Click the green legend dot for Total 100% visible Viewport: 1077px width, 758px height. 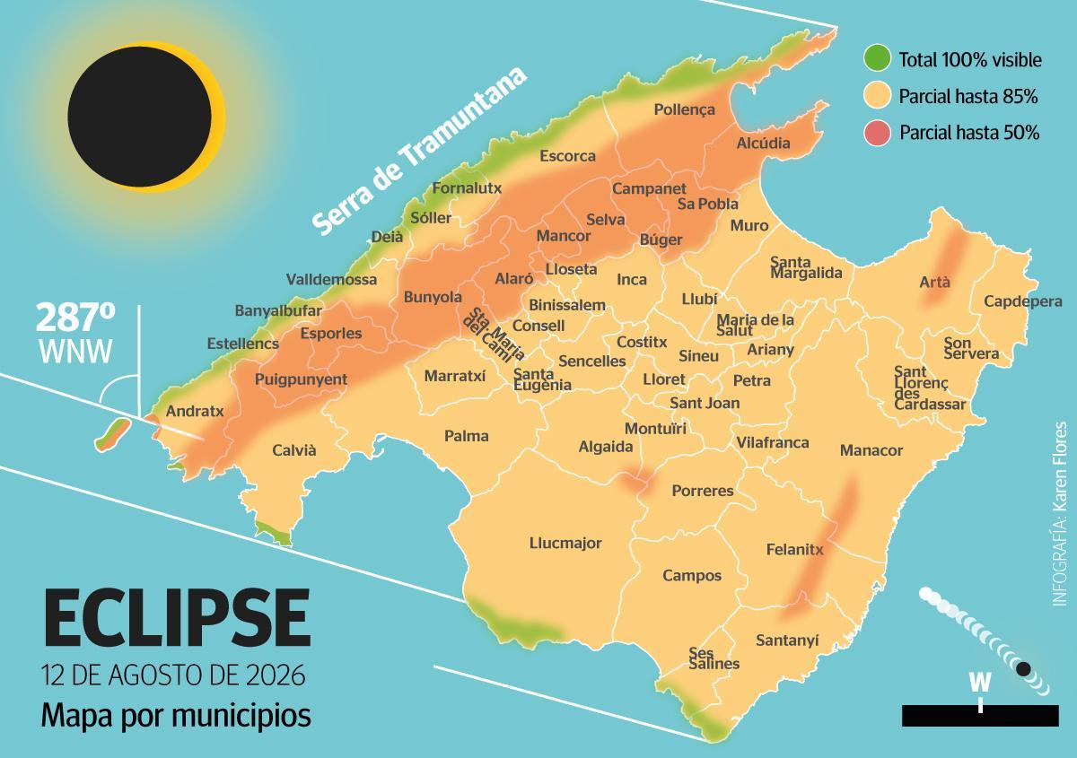tap(877, 60)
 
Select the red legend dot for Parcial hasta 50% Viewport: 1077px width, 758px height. tap(877, 133)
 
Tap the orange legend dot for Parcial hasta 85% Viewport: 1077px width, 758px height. tap(877, 96)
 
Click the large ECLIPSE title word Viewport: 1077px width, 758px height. tap(177, 619)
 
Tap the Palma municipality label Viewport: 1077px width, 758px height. tap(467, 436)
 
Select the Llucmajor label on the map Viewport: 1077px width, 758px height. tap(565, 543)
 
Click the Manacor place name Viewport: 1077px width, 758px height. tap(871, 450)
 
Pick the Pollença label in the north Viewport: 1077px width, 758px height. tap(684, 109)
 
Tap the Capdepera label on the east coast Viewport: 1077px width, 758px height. tap(1022, 301)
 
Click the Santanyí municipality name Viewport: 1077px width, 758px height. tap(787, 640)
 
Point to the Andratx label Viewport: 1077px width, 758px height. tap(196, 412)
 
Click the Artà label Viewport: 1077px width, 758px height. tap(934, 282)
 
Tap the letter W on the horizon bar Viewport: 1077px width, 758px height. tap(980, 683)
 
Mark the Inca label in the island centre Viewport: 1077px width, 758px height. tap(632, 280)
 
